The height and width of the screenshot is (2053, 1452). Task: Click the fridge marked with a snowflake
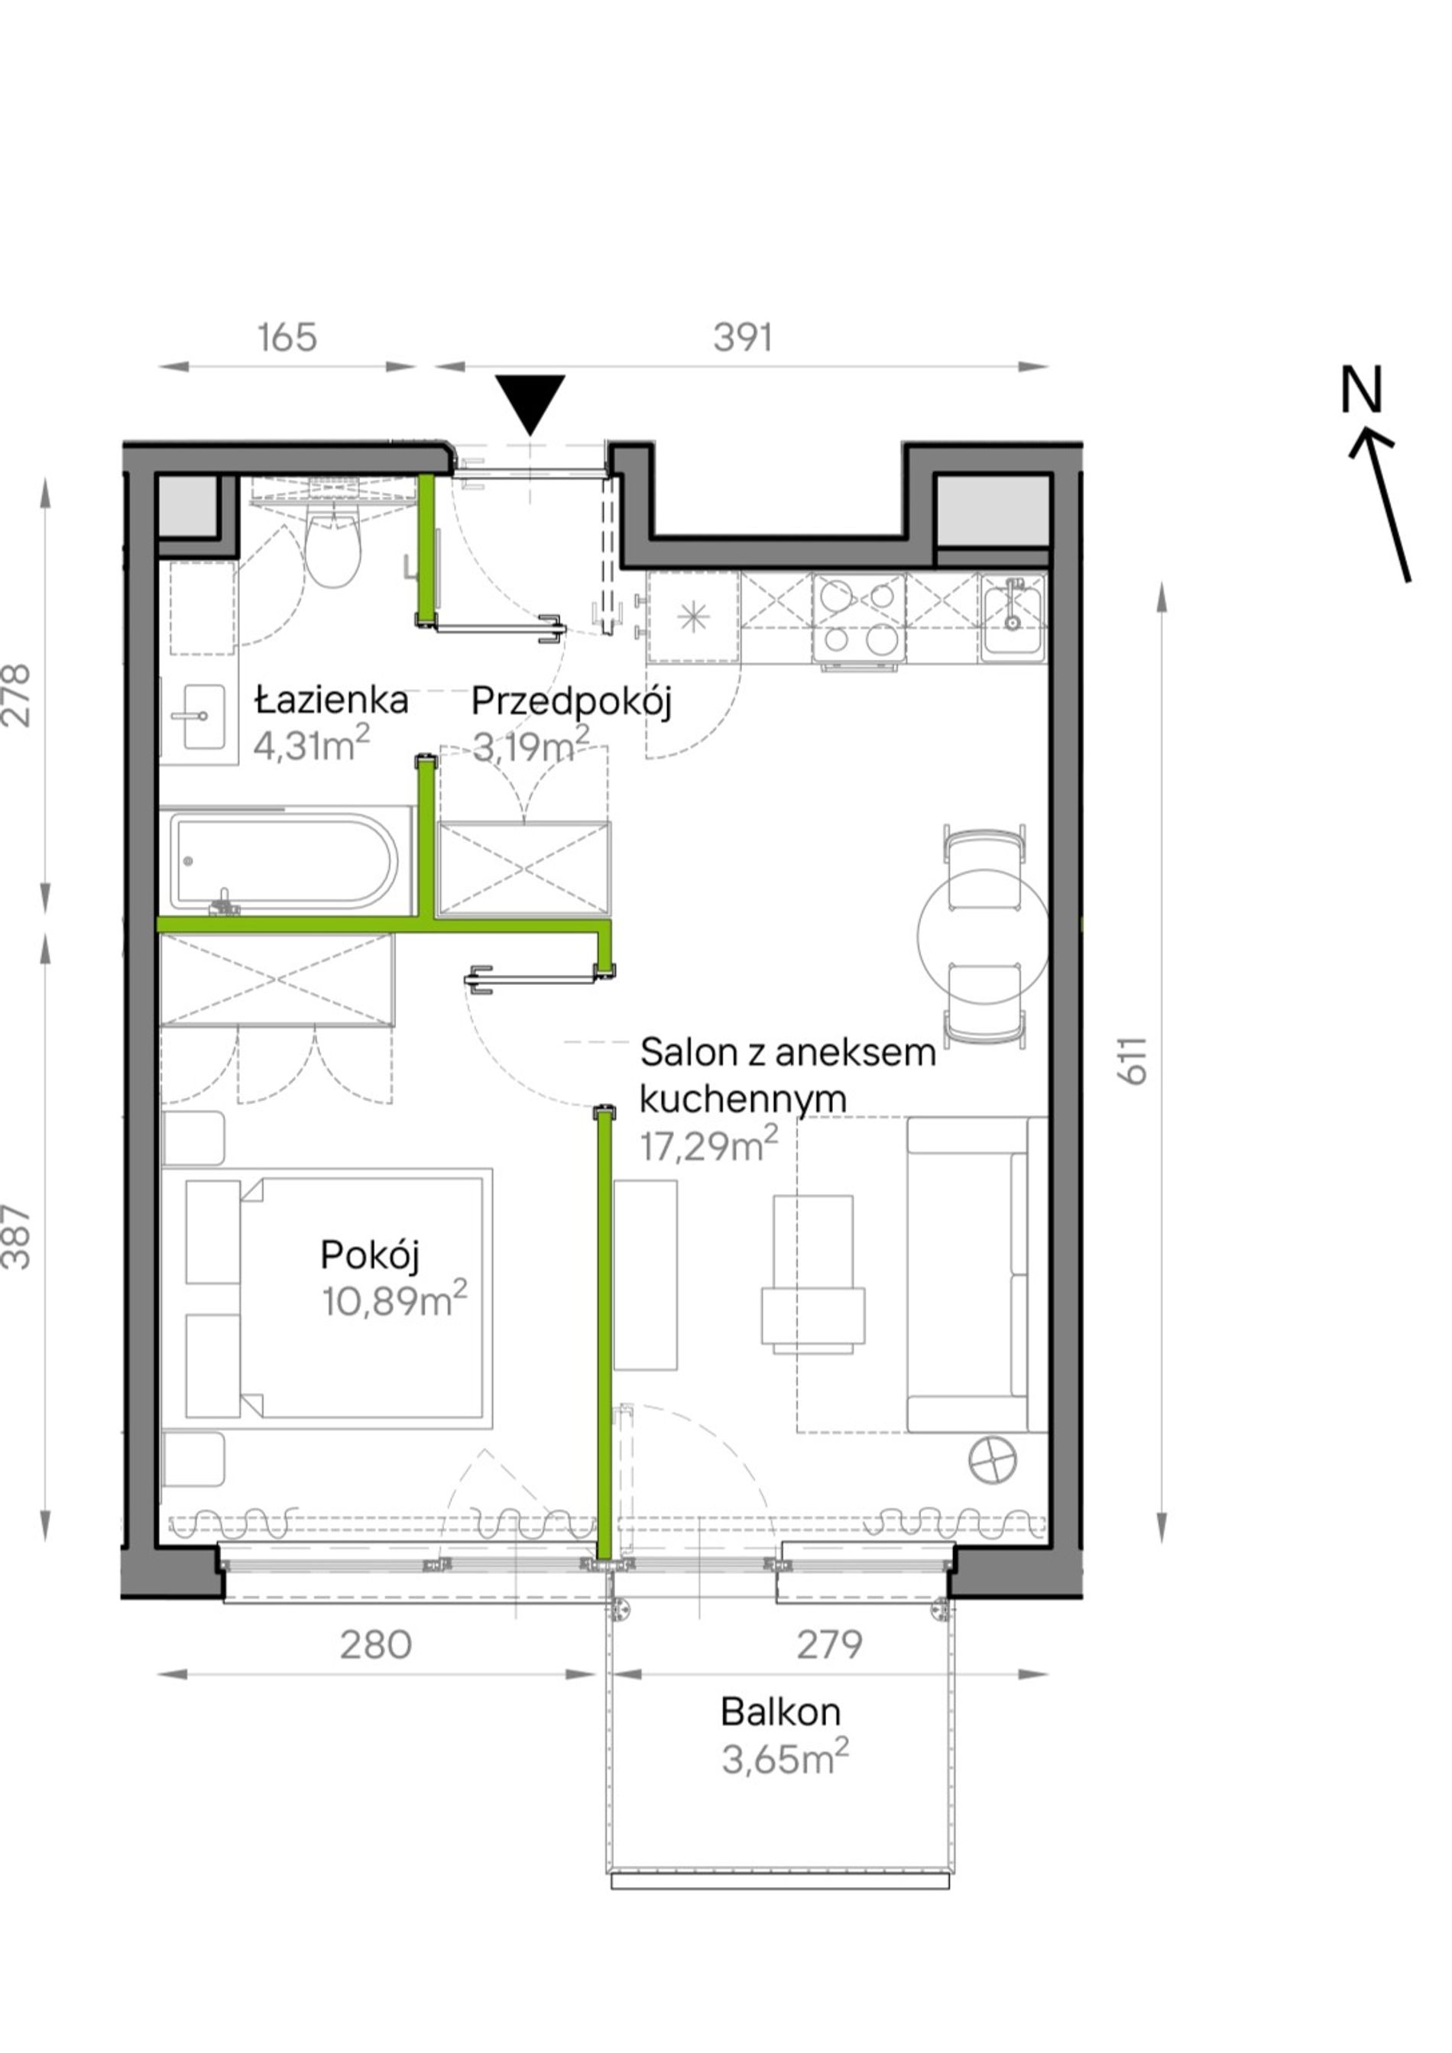694,618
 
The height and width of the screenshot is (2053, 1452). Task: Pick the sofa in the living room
977,1274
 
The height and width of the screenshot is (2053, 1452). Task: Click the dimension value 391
742,338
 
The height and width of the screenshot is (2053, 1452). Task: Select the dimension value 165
287,338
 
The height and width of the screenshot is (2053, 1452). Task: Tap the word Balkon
780,1711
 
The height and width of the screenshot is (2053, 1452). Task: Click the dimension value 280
375,1643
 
